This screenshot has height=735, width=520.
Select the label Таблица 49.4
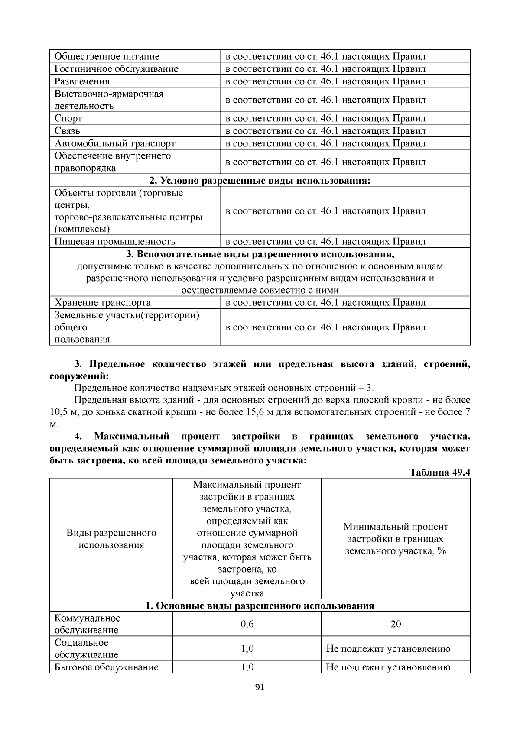440,472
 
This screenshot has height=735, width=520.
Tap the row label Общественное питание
107,56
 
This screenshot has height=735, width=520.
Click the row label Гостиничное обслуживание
116,69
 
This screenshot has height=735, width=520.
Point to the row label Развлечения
82,81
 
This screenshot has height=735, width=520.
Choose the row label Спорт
68,118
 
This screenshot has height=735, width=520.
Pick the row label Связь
67,131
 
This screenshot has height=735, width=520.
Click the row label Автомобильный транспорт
115,143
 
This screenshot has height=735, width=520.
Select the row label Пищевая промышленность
115,242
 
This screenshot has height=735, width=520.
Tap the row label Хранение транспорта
103,303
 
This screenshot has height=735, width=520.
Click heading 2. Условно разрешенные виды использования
260,180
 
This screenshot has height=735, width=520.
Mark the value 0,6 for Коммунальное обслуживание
247,624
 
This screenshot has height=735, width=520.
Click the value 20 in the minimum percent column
396,624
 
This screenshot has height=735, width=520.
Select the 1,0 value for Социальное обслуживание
247,649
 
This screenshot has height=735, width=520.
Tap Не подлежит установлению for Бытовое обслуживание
388,667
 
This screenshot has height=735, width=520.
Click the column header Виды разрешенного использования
111,539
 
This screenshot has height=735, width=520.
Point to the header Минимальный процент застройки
396,539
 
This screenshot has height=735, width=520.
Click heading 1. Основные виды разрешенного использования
260,606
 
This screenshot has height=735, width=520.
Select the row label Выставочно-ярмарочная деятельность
109,100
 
